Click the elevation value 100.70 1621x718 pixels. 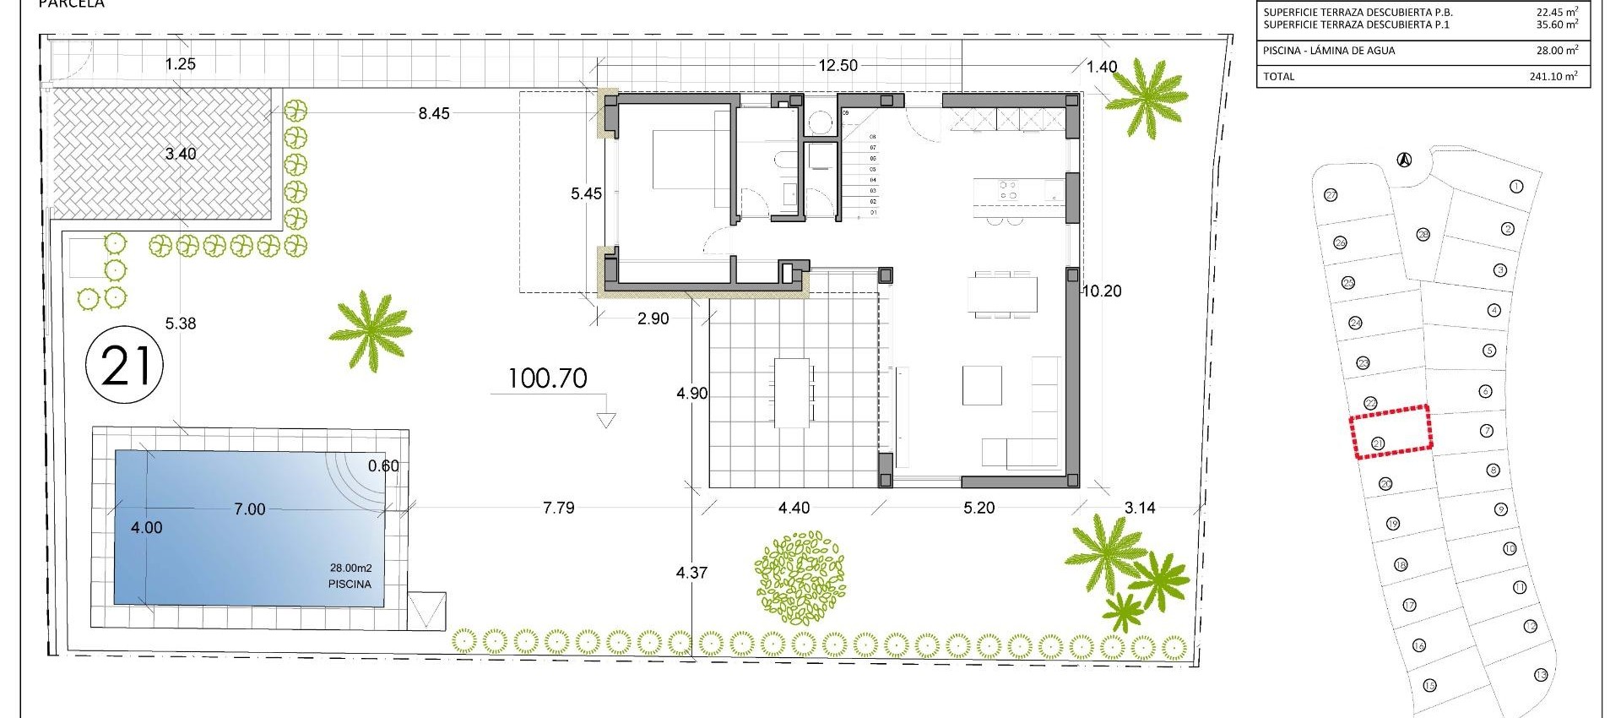coord(548,378)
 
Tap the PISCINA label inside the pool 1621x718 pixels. coord(349,584)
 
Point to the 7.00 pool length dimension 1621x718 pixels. coord(249,509)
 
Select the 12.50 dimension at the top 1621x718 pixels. coord(838,66)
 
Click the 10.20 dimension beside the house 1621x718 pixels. coord(1101,291)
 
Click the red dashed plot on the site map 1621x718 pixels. coord(1391,432)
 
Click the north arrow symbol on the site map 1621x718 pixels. coord(1403,159)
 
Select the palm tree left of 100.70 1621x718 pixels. coord(370,329)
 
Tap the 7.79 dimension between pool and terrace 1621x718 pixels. coord(558,508)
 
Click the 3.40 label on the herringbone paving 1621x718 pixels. coord(181,154)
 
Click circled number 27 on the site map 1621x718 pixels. coord(1331,195)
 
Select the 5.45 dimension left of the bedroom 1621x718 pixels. coord(586,193)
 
